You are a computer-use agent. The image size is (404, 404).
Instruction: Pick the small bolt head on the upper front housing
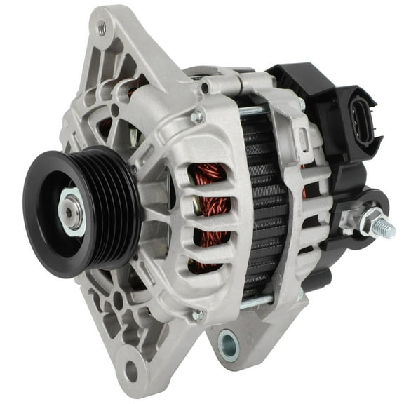pos(198,117)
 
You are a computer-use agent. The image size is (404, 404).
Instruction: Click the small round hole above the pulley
pos(114,110)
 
